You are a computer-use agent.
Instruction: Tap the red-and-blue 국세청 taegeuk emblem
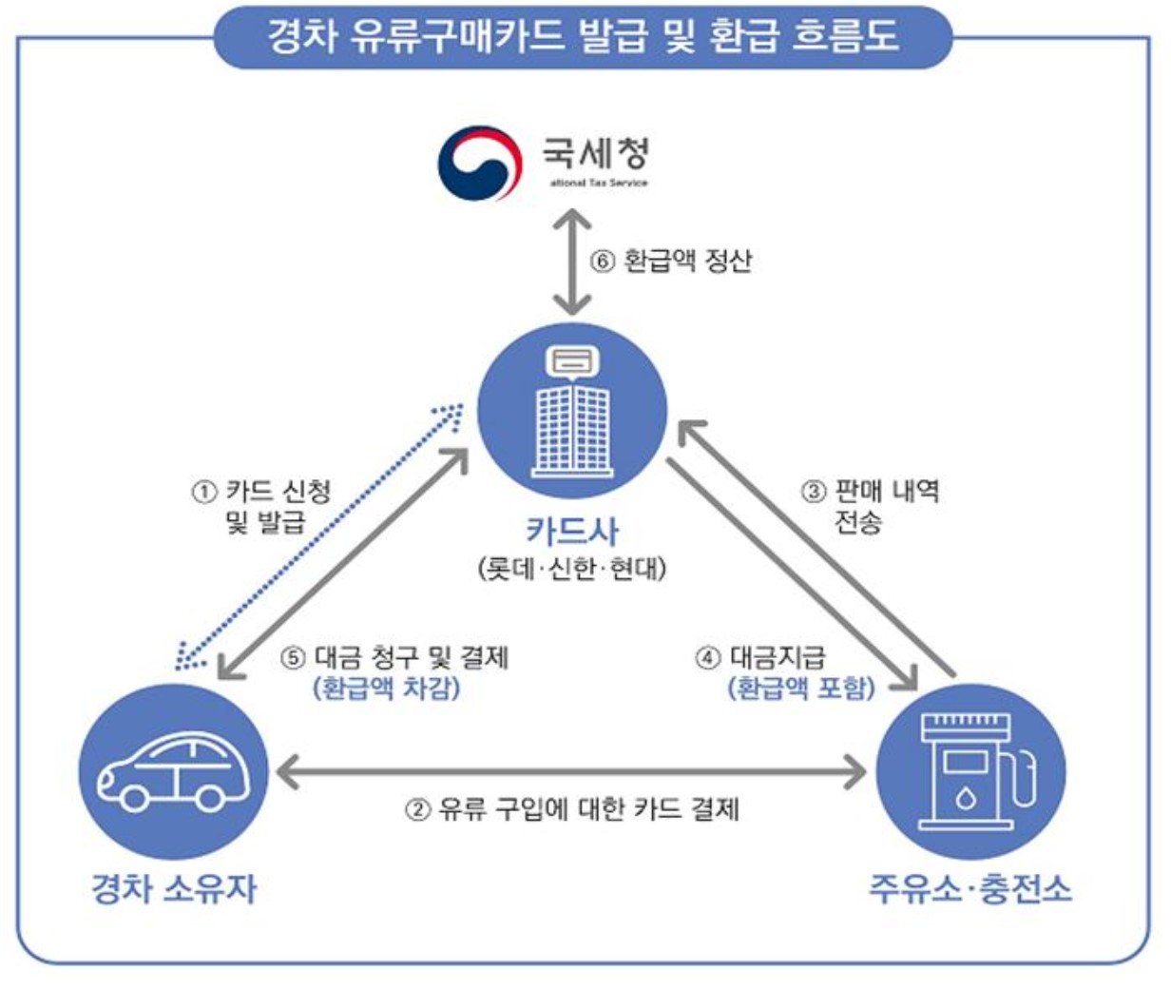coord(479,163)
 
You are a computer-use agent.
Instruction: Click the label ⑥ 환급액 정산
coord(671,261)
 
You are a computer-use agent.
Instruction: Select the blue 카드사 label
coord(572,531)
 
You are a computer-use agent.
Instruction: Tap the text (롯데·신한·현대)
coord(572,569)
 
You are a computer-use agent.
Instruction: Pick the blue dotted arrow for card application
coord(318,537)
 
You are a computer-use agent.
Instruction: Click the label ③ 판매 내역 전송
coord(870,506)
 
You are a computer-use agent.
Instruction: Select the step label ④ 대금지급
coord(760,657)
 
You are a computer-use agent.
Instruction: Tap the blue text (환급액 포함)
coord(800,688)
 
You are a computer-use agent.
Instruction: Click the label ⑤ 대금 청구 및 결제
coord(395,657)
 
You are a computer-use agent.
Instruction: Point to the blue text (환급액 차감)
coord(386,688)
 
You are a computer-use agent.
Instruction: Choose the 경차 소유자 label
coord(174,888)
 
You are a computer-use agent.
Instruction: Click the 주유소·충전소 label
coord(970,888)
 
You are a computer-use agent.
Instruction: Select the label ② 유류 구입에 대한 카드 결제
coord(572,809)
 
